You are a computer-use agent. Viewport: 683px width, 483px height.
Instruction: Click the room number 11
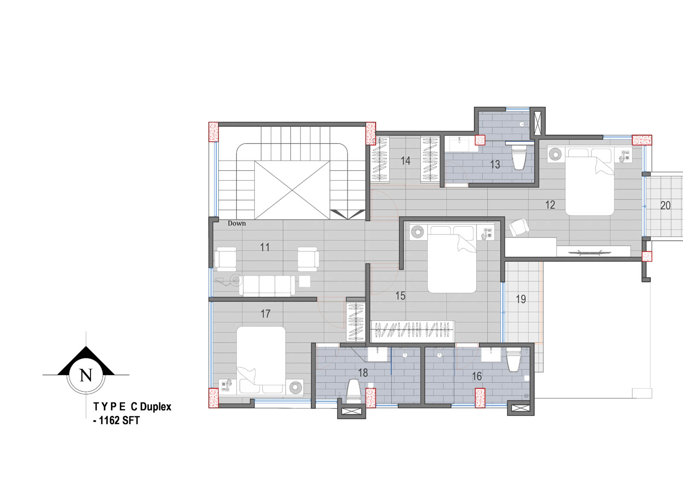265,247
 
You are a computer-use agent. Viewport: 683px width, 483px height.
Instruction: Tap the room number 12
550,205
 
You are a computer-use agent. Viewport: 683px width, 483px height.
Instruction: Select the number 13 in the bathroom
495,165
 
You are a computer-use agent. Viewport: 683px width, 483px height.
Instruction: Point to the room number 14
405,161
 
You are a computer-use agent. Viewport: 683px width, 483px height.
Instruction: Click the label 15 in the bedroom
400,296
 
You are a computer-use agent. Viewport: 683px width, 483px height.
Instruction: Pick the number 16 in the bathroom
477,376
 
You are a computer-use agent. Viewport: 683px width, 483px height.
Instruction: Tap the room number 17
265,313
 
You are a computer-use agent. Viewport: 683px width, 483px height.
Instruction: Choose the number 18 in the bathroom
363,372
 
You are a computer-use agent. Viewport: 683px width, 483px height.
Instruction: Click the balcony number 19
521,299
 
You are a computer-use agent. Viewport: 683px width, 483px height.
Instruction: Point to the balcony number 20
665,206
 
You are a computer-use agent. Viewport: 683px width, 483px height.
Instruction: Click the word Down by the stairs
236,223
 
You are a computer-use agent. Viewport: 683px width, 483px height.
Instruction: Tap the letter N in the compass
86,375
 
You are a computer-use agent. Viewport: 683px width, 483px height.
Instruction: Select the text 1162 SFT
119,421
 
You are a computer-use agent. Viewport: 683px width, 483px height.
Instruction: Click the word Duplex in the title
155,407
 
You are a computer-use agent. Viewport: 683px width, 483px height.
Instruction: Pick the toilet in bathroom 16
513,360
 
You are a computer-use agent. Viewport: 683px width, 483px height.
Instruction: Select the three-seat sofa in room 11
267,286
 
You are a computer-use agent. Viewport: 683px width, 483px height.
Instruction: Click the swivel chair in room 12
519,227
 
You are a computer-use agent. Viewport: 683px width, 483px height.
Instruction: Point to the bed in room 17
261,360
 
